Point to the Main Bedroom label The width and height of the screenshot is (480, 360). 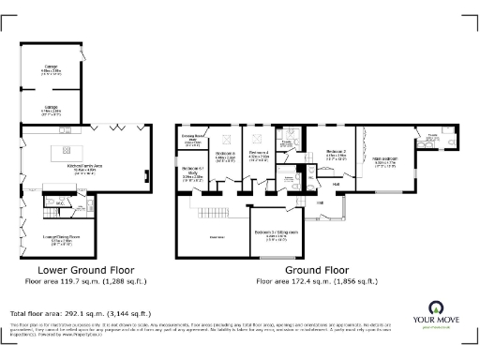pos(386,159)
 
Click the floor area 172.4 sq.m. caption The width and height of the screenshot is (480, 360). pos(318,280)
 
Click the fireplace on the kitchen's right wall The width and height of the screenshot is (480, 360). pos(146,174)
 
